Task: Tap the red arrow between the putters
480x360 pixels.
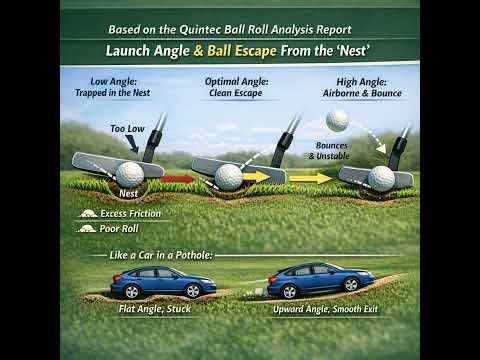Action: (181, 178)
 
